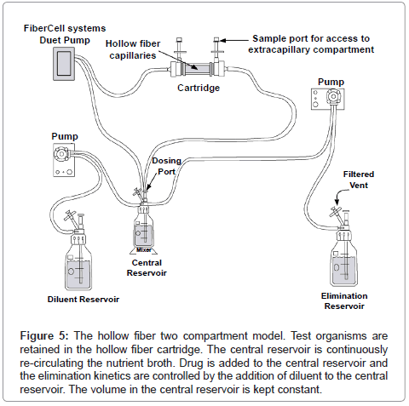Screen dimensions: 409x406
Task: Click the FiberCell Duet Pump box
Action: pyautogui.click(x=64, y=64)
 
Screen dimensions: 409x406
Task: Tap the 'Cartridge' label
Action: pyautogui.click(x=199, y=88)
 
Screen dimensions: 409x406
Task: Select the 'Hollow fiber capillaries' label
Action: pyautogui.click(x=133, y=49)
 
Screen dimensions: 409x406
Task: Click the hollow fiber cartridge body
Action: pyautogui.click(x=198, y=68)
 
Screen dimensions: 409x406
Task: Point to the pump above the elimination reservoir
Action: pyautogui.click(x=328, y=99)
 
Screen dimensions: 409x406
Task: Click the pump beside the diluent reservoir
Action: pyautogui.click(x=64, y=160)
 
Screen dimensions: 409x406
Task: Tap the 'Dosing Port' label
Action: pyautogui.click(x=167, y=166)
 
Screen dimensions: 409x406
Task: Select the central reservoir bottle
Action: pyautogui.click(x=144, y=227)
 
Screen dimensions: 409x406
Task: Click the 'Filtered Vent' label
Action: pyautogui.click(x=359, y=180)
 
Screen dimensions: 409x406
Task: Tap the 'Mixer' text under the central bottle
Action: pyautogui.click(x=144, y=250)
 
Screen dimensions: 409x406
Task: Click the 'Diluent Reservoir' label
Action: pyautogui.click(x=84, y=300)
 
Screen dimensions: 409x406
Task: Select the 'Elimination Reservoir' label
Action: pyautogui.click(x=344, y=301)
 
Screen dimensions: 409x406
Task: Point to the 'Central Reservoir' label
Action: pyautogui.click(x=147, y=268)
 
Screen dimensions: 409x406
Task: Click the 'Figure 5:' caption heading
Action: pyautogui.click(x=44, y=336)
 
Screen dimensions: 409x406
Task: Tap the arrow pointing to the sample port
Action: pyautogui.click(x=234, y=40)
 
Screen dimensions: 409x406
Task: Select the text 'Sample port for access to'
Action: pyautogui.click(x=311, y=38)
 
